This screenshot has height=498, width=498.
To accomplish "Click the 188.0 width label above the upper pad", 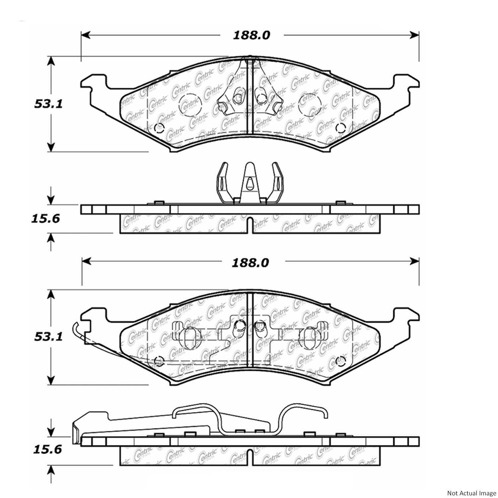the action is pos(251,35).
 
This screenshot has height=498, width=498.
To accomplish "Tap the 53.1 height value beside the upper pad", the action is pos(48,104).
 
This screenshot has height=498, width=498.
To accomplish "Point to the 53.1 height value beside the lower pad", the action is pos(48,337).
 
